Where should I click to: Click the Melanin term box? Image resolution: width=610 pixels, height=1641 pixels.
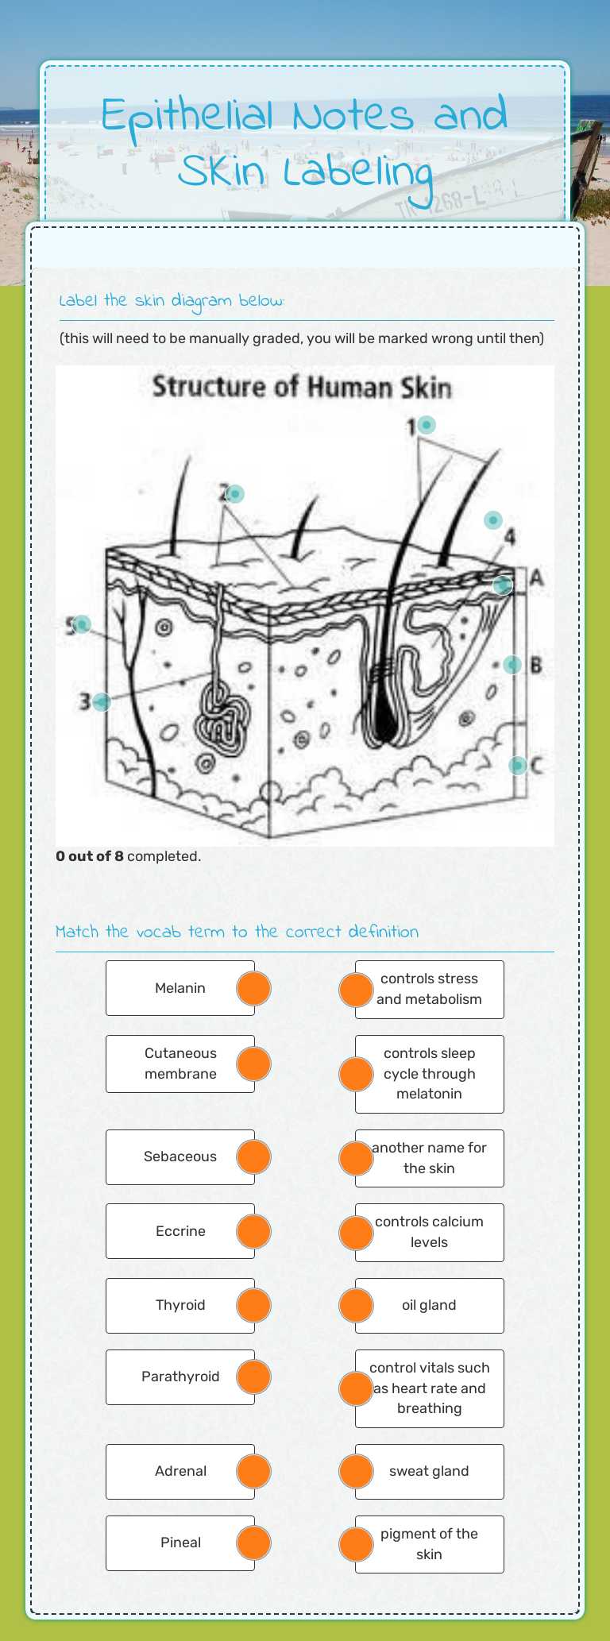180,988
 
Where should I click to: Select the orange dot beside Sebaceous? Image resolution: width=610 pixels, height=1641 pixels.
254,1156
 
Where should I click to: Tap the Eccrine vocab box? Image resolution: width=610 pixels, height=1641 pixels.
180,1231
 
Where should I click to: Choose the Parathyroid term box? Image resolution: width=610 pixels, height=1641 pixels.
180,1377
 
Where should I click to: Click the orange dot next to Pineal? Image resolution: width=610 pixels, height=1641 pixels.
254,1543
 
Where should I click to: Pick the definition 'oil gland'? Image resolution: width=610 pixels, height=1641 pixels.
429,1305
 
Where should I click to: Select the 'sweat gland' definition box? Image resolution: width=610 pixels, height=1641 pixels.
429,1471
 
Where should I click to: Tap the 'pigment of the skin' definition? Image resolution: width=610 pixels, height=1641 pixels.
429,1544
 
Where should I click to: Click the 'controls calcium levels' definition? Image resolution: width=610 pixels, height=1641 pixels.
429,1232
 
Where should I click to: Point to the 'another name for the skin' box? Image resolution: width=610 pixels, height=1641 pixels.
429,1158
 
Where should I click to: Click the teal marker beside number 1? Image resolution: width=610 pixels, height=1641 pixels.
427,425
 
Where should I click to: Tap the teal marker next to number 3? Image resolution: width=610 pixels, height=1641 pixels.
102,702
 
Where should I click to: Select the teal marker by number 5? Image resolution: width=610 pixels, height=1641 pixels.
81,624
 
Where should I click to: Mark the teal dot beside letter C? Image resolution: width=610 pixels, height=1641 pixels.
517,765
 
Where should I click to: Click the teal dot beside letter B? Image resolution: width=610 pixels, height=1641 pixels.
512,664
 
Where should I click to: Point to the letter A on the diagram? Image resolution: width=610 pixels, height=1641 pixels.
537,578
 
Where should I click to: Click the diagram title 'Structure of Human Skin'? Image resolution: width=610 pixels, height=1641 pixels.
302,388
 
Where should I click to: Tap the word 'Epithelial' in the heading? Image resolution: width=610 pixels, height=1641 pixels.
189,116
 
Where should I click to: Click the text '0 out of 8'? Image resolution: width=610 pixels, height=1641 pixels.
90,856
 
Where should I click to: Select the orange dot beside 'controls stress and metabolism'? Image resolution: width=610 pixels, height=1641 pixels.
356,990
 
